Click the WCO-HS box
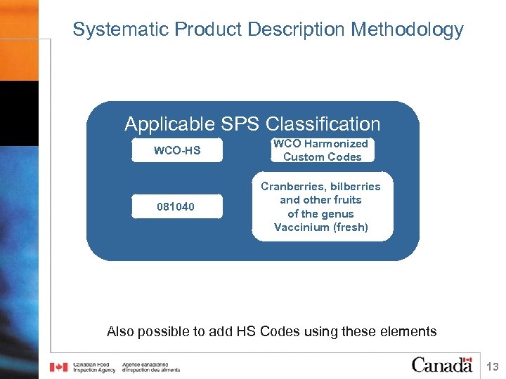click(x=177, y=151)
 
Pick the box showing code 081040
click(x=177, y=207)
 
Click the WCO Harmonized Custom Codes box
click(x=322, y=150)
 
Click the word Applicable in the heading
click(x=169, y=124)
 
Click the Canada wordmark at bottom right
click(x=442, y=365)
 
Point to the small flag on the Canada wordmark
click(x=467, y=359)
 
